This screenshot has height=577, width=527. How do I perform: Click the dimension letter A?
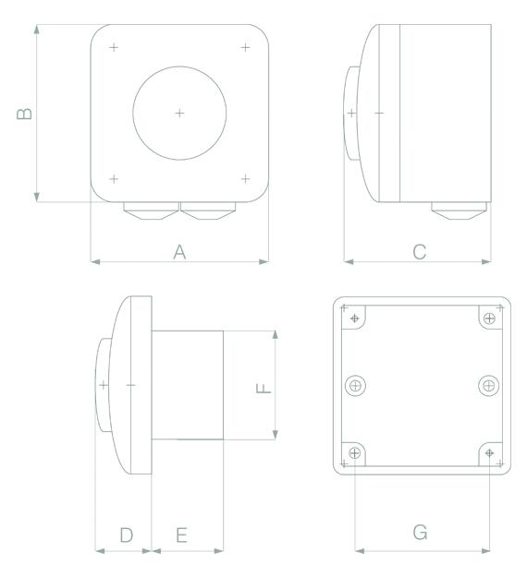coord(179,251)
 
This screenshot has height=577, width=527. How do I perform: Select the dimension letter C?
coord(419,251)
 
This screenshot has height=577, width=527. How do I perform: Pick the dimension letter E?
coord(182,535)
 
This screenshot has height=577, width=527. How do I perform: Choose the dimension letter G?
coord(420,533)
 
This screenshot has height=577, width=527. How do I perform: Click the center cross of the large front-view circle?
coord(179,113)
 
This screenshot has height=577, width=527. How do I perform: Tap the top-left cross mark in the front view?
coord(114,47)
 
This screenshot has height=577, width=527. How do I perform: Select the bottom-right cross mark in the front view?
coord(245,178)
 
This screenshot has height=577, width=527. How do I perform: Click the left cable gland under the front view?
coord(151,211)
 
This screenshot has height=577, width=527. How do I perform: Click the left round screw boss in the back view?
coord(356,385)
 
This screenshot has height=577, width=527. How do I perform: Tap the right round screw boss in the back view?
coord(488,384)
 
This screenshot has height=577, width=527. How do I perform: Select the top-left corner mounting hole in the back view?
coord(355,319)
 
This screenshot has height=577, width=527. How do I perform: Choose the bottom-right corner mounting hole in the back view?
coord(488,453)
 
